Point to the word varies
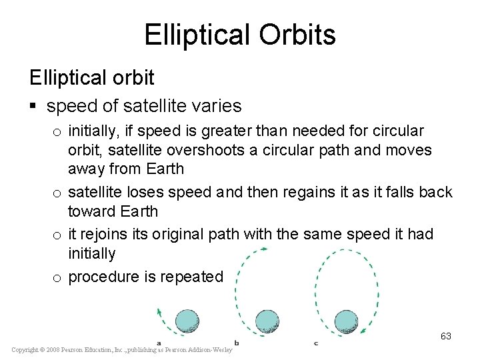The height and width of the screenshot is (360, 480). click(216, 106)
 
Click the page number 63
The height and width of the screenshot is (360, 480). click(446, 336)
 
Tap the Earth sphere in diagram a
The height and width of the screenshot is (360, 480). click(187, 321)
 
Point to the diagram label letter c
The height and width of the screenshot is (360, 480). click(315, 343)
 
